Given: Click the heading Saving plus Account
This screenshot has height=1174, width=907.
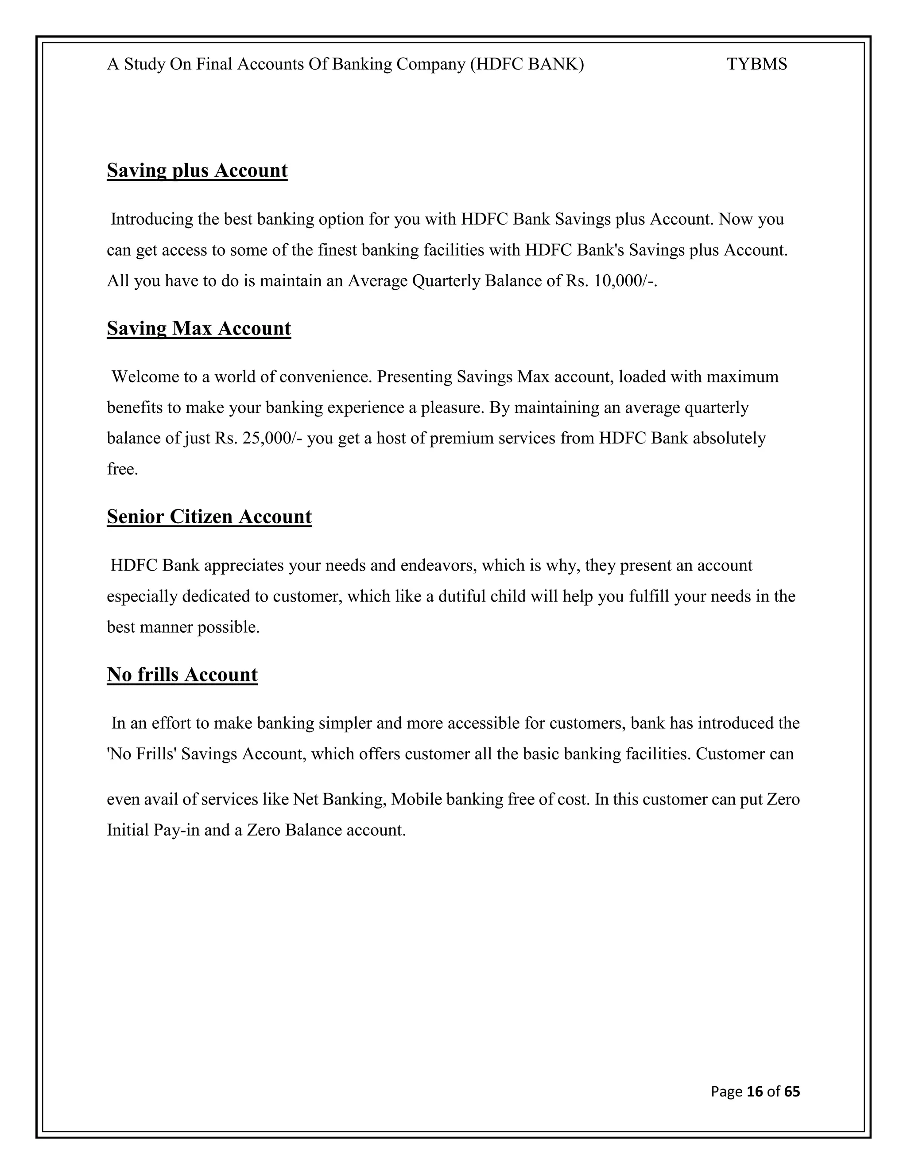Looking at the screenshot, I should tap(197, 171).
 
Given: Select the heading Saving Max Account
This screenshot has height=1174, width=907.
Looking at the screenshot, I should tap(199, 328).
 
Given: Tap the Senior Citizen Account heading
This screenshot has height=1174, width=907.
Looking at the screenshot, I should tap(209, 517).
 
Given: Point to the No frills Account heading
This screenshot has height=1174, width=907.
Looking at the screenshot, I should tap(182, 675).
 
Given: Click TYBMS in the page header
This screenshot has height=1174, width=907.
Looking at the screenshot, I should tap(756, 65).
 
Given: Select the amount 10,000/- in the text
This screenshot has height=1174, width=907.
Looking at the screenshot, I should tap(625, 281).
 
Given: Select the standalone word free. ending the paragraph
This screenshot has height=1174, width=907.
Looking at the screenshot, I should tap(123, 469).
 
